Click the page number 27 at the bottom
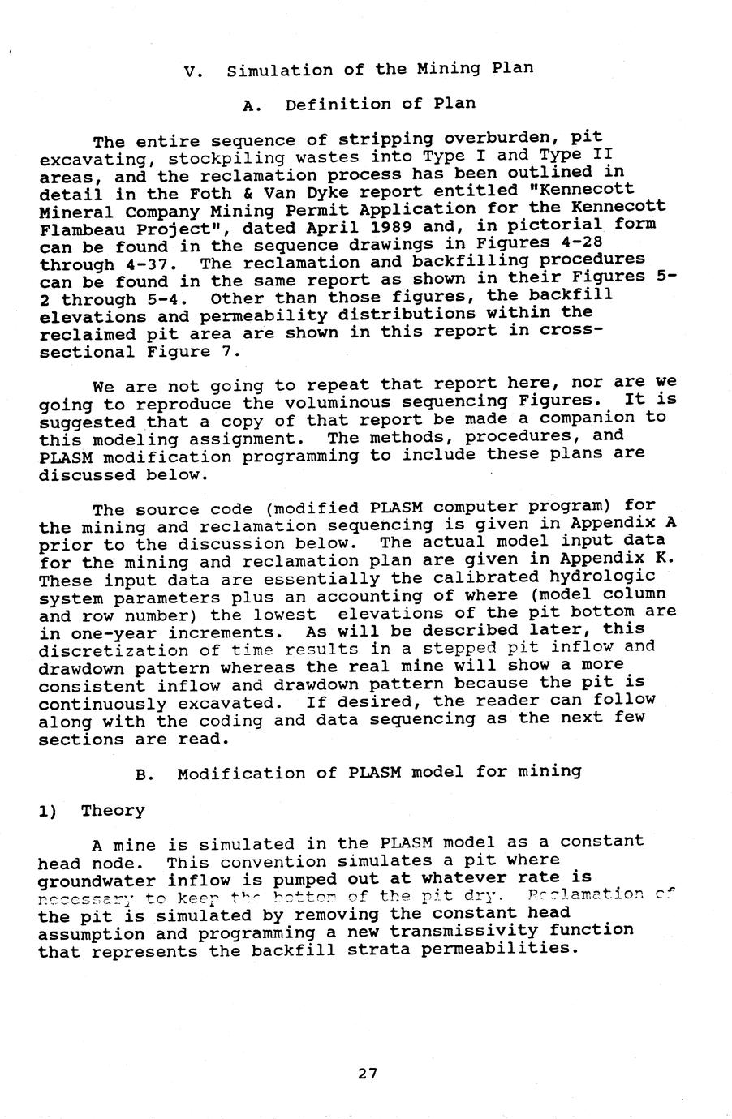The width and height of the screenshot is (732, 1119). [367, 1074]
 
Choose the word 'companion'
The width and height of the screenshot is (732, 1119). [593, 418]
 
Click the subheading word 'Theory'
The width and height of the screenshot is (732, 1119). [113, 810]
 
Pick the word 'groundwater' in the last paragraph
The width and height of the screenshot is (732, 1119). [98, 880]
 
